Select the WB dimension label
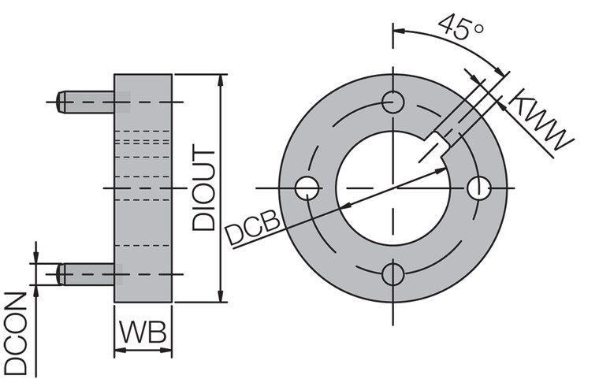143,332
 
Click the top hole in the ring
393,101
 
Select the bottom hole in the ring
393,274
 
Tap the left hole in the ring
306,188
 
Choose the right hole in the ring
478,188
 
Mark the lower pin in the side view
87,274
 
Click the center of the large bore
393,188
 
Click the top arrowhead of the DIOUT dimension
220,80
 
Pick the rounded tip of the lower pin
61,274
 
